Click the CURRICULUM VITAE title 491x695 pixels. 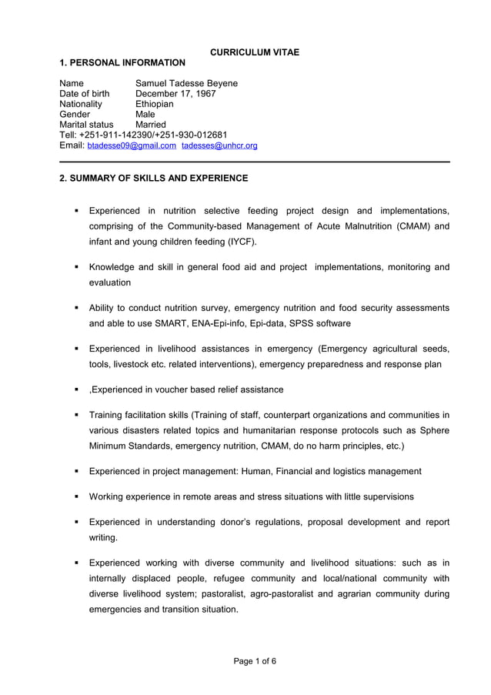coord(255,52)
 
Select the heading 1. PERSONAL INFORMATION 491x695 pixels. coord(122,62)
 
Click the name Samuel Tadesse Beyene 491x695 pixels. coord(186,83)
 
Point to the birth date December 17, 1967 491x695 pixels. coord(175,94)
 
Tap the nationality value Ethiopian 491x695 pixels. coord(155,104)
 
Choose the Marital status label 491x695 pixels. coord(86,125)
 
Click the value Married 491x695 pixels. coord(151,125)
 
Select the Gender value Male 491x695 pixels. coord(145,114)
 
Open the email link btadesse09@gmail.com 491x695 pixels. coord(132,145)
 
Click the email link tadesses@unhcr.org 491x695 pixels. coord(219,145)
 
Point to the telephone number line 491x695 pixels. coord(143,135)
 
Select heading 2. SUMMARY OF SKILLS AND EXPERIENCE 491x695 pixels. coord(154,178)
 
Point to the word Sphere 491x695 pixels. coord(433,430)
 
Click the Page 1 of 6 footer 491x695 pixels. coord(255,661)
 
